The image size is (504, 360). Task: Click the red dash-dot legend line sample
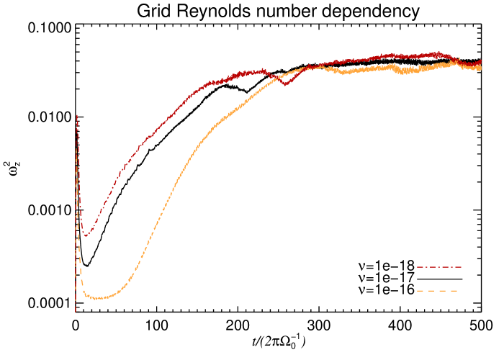pos(439,267)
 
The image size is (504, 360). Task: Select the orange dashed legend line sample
pos(437,291)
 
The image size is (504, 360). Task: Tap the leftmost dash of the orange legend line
pos(420,291)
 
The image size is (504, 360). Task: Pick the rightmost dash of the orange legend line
pos(454,291)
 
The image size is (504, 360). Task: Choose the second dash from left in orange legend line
pos(431,291)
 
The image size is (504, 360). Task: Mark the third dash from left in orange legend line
pos(442,291)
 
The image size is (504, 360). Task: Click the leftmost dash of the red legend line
pos(420,267)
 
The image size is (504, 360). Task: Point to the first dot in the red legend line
pos(427,267)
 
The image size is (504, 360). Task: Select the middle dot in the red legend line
pos(439,267)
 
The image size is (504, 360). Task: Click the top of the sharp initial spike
pos(77,114)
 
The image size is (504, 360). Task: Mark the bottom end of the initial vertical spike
pos(75,312)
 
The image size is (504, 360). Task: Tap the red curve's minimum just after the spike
pos(85,235)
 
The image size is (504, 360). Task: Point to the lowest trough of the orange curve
pos(97,297)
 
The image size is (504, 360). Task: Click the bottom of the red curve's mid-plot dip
pos(285,84)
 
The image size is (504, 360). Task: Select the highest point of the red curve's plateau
pos(436,53)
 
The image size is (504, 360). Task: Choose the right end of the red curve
pos(481,63)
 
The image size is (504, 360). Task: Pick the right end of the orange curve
pos(481,68)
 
